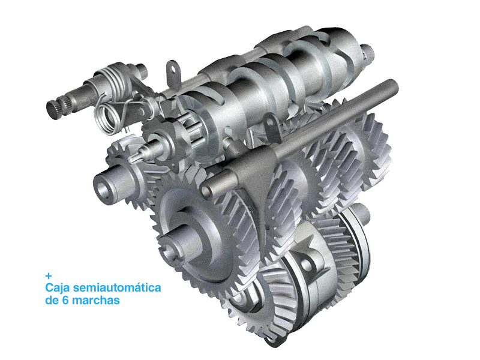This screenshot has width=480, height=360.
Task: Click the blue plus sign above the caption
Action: point(49,276)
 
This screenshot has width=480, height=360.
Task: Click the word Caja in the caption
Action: point(58,288)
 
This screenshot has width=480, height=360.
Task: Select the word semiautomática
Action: point(117,287)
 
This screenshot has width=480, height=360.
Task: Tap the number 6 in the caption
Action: point(65,300)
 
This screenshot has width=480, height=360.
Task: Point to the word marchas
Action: point(95,300)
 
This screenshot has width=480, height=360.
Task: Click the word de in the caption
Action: point(52,300)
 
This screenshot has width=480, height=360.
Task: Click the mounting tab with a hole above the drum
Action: point(173,72)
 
